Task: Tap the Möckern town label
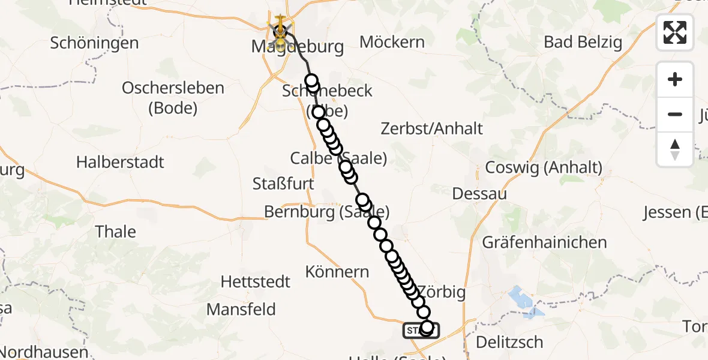tap(392, 42)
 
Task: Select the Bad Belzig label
tap(583, 42)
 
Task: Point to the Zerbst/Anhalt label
tap(432, 128)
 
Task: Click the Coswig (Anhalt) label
tap(544, 168)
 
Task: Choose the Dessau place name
tap(479, 194)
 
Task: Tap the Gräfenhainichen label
tap(544, 242)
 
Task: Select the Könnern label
tap(337, 272)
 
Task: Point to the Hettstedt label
tap(256, 281)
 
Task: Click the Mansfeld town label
tap(241, 309)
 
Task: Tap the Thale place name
tap(116, 232)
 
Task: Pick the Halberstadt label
tap(120, 162)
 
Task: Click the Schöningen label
tap(95, 43)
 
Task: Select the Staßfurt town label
tap(284, 184)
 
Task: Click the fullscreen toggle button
tap(675, 32)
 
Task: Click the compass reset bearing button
tap(675, 149)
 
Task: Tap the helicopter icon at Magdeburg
tap(280, 27)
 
